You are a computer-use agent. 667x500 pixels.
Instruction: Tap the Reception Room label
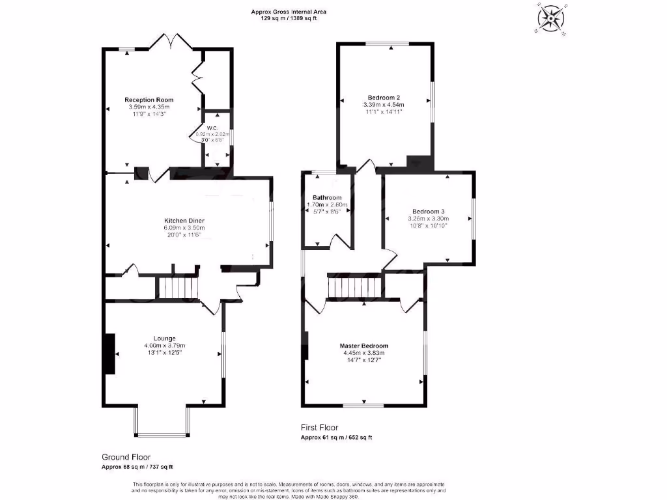(x=149, y=100)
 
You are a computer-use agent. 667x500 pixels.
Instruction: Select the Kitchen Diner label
(x=184, y=221)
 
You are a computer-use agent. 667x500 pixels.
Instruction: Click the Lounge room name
(x=165, y=338)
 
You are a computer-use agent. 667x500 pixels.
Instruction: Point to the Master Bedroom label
(x=363, y=346)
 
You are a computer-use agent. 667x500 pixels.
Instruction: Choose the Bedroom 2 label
(x=384, y=97)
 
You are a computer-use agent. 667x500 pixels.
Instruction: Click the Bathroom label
(x=326, y=198)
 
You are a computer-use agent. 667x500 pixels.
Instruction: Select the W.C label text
(x=212, y=128)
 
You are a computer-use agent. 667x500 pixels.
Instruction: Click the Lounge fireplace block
(x=110, y=354)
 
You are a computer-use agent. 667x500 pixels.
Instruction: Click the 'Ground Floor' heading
(x=126, y=457)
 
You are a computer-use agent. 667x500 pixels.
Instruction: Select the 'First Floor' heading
(x=319, y=428)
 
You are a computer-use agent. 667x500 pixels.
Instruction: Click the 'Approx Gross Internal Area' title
(x=289, y=12)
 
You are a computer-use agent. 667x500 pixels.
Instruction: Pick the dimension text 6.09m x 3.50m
(x=184, y=228)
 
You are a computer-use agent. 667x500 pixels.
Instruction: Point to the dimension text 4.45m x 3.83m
(x=363, y=353)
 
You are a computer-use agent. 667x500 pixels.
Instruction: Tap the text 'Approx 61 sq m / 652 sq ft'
(x=336, y=437)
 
